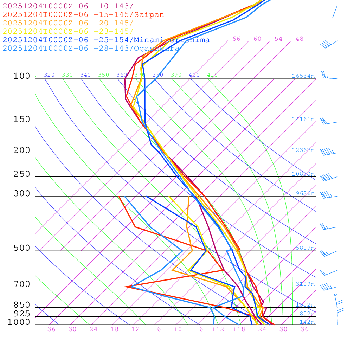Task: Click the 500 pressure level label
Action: (22, 248)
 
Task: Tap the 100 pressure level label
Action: (22, 76)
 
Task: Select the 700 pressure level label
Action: (22, 284)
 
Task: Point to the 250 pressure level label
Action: (22, 174)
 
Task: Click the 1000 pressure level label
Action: (19, 322)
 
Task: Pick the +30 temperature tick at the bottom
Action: (281, 329)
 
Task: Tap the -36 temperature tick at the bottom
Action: (49, 329)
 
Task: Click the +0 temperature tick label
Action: (178, 329)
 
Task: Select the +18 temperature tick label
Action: (239, 329)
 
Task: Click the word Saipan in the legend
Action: (149, 15)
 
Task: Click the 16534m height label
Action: (303, 76)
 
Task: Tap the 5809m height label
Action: (305, 248)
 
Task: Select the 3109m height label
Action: (305, 284)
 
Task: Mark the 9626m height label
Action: (305, 193)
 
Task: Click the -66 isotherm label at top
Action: (234, 39)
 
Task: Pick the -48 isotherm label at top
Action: (297, 39)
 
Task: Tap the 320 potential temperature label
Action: (49, 75)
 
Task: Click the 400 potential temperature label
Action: (194, 75)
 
